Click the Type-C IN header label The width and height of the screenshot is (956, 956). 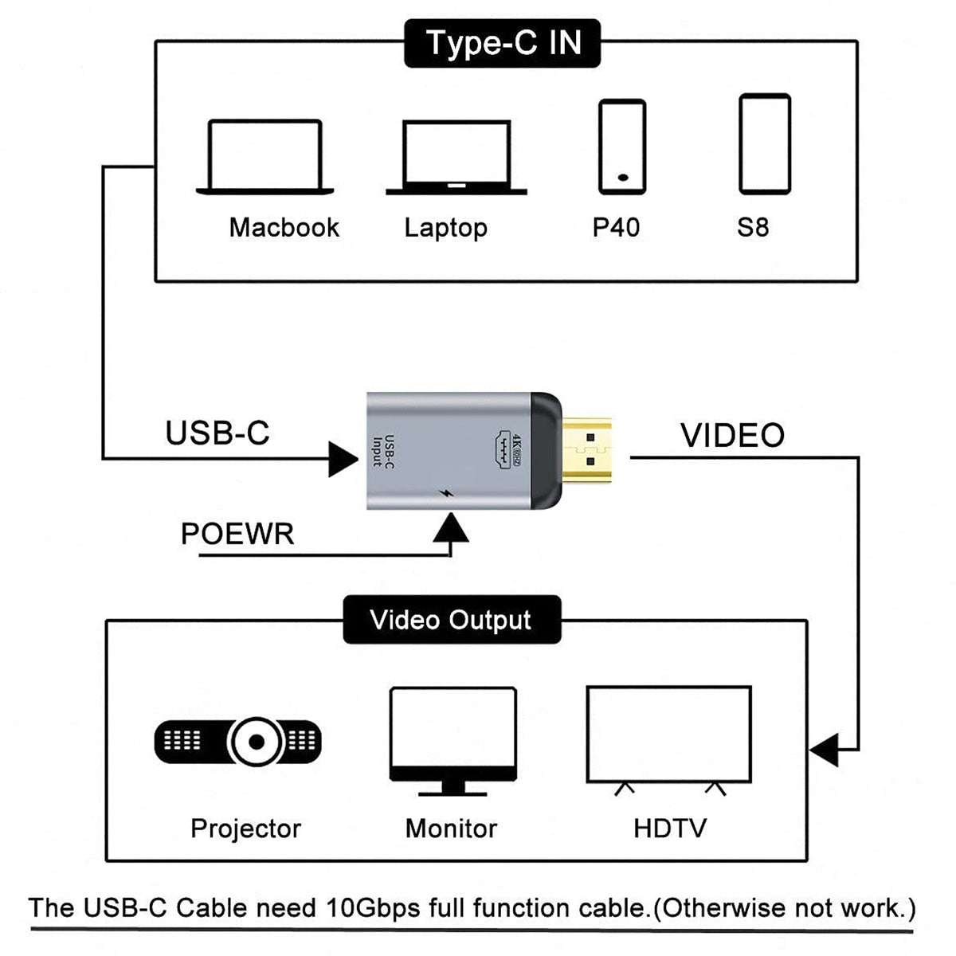coord(502,43)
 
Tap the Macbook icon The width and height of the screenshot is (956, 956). coord(265,157)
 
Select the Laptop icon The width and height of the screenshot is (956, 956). coord(456,157)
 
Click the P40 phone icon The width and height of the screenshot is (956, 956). coord(622,147)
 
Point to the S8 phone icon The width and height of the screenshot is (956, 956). coord(765,144)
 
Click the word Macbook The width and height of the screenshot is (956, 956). coord(284,228)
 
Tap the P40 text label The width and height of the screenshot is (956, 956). coord(616,228)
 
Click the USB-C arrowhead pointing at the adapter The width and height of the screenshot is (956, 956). coord(343,460)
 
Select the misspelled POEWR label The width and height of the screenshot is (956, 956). coord(237,534)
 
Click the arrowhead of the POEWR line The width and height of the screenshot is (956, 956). coord(450,527)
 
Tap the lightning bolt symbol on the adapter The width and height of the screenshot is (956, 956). coord(446,494)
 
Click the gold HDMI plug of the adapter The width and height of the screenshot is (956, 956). coord(586,450)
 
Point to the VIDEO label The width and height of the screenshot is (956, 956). coord(732,436)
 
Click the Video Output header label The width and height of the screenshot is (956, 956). coord(452,620)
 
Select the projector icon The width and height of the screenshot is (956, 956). coord(238,742)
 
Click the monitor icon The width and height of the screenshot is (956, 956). coord(453,742)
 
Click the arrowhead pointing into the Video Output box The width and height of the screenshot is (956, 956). coord(824,750)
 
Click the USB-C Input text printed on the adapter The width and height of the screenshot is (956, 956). coord(383,451)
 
